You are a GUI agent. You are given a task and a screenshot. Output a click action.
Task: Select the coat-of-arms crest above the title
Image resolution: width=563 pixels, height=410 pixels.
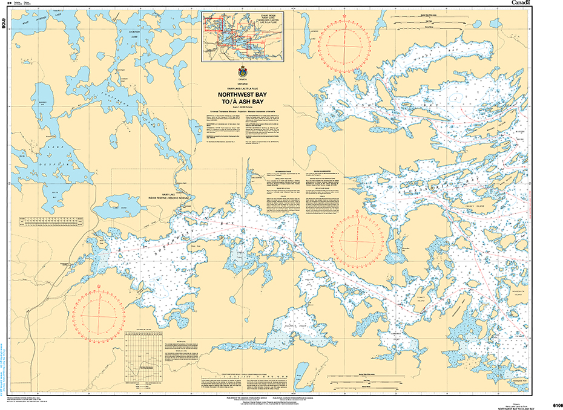[243, 74]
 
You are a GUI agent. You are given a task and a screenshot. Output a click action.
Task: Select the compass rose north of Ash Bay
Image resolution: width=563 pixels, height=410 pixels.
[343, 42]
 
